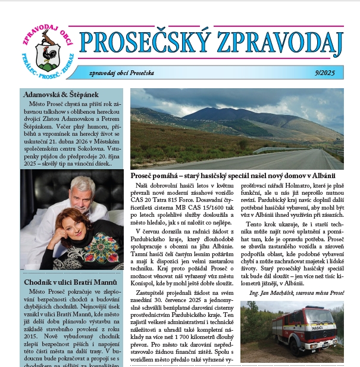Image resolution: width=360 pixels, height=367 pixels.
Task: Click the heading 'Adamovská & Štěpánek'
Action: pos(61,94)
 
